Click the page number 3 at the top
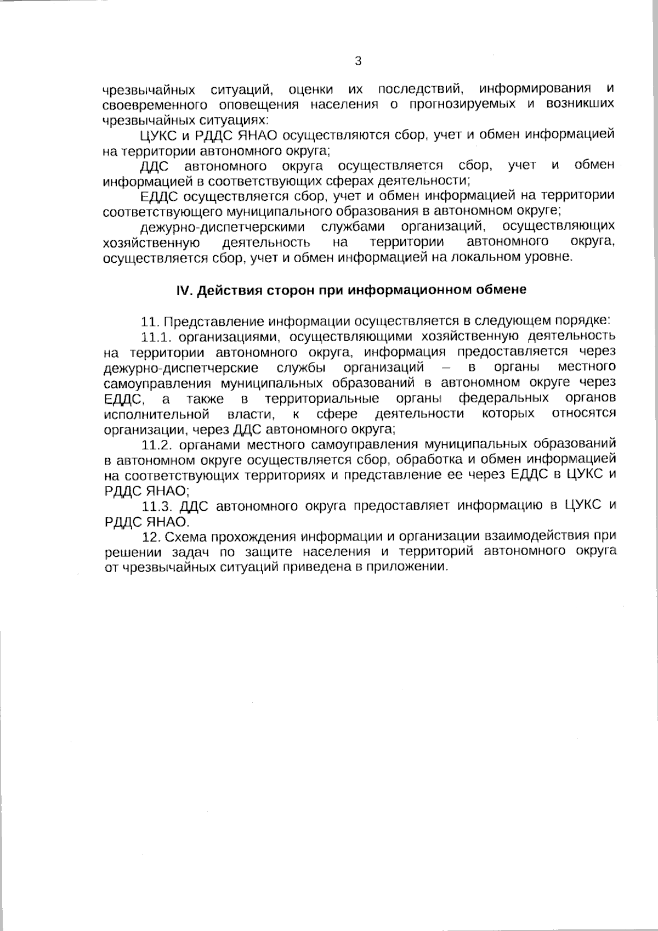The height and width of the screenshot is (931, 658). click(x=358, y=61)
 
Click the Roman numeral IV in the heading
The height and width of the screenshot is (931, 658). click(x=182, y=290)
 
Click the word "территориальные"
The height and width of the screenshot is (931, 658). click(x=322, y=398)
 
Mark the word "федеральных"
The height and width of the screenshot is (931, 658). click(x=503, y=398)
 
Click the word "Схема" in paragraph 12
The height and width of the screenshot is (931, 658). click(x=184, y=536)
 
